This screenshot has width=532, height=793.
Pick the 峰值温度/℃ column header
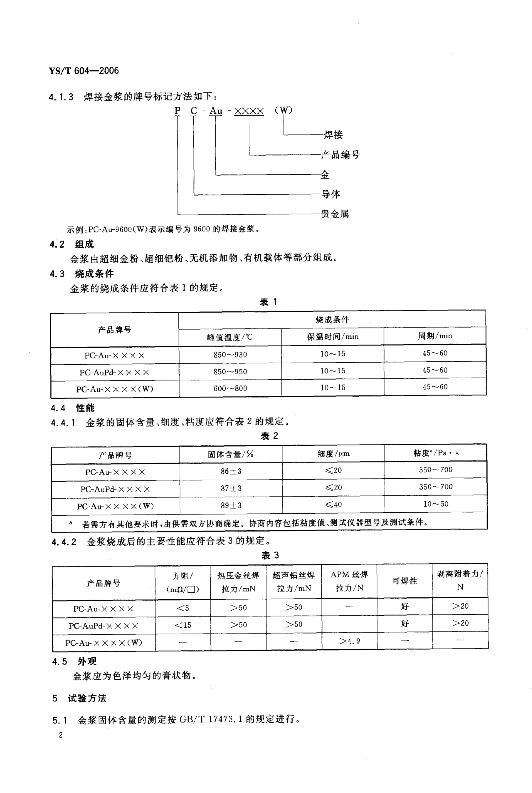[230, 337]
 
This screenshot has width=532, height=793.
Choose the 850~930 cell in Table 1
[230, 355]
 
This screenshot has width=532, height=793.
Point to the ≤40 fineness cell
[333, 504]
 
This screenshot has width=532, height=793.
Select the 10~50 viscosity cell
[436, 504]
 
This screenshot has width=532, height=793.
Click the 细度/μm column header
[333, 454]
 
